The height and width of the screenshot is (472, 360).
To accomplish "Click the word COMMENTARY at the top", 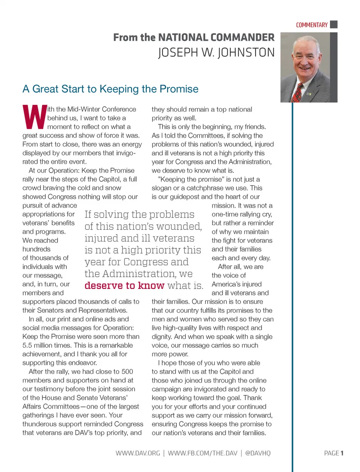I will pyautogui.click(x=312, y=25).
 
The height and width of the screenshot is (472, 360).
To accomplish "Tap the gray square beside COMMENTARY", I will pyautogui.click(x=334, y=24).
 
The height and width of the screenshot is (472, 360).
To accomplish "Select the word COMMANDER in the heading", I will pyautogui.click(x=242, y=37).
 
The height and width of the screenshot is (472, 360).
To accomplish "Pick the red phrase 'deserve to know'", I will pyautogui.click(x=124, y=285).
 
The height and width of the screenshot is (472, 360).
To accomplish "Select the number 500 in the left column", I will pyautogui.click(x=127, y=372).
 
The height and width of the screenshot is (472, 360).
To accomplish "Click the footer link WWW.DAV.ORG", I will pyautogui.click(x=138, y=453).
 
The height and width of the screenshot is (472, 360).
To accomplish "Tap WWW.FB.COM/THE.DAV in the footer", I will pyautogui.click(x=202, y=453).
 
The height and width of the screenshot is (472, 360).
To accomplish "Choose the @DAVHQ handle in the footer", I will pyautogui.click(x=258, y=453).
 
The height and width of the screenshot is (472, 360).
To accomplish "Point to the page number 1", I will pyautogui.click(x=342, y=453).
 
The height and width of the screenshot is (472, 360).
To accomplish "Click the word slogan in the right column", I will pyautogui.click(x=162, y=188).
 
